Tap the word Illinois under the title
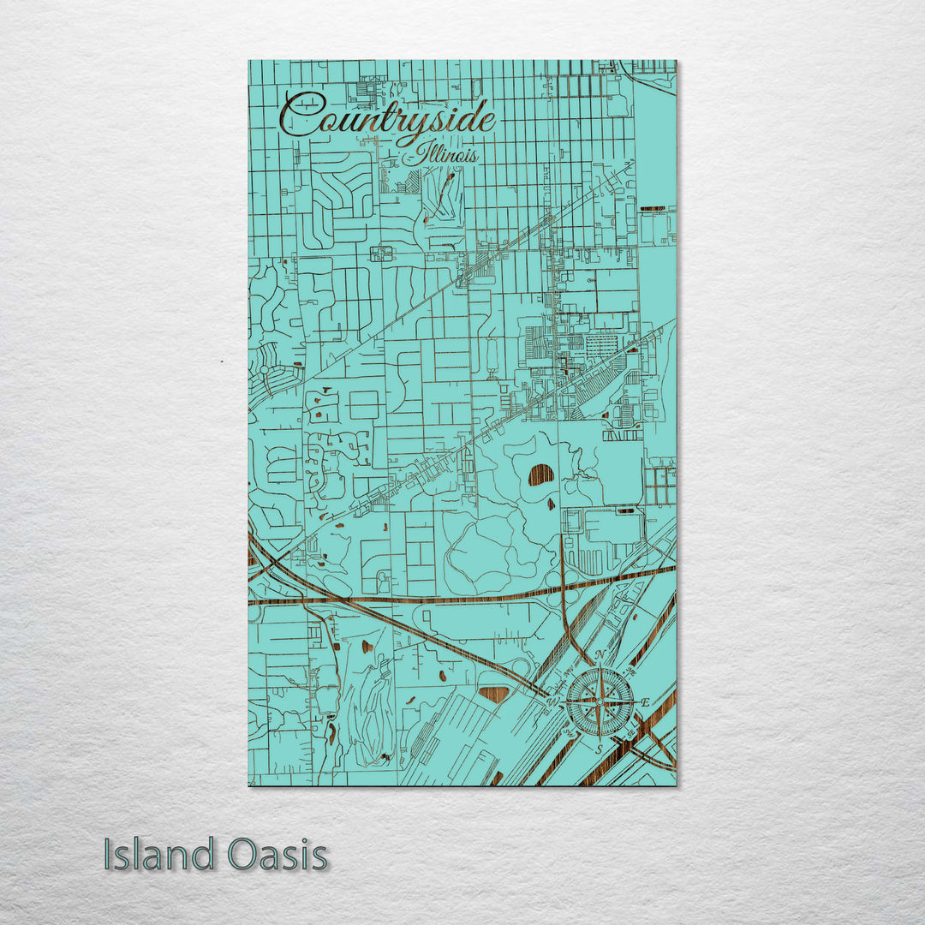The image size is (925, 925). [x=448, y=155]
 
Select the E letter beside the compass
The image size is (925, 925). [x=644, y=702]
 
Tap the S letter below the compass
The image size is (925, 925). [x=600, y=749]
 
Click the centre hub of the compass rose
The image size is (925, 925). [x=600, y=702]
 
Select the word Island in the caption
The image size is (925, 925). [x=159, y=855]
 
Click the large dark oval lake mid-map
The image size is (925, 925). [x=540, y=474]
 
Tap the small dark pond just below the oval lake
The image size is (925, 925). [x=552, y=503]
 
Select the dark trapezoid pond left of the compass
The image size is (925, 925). [x=494, y=694]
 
